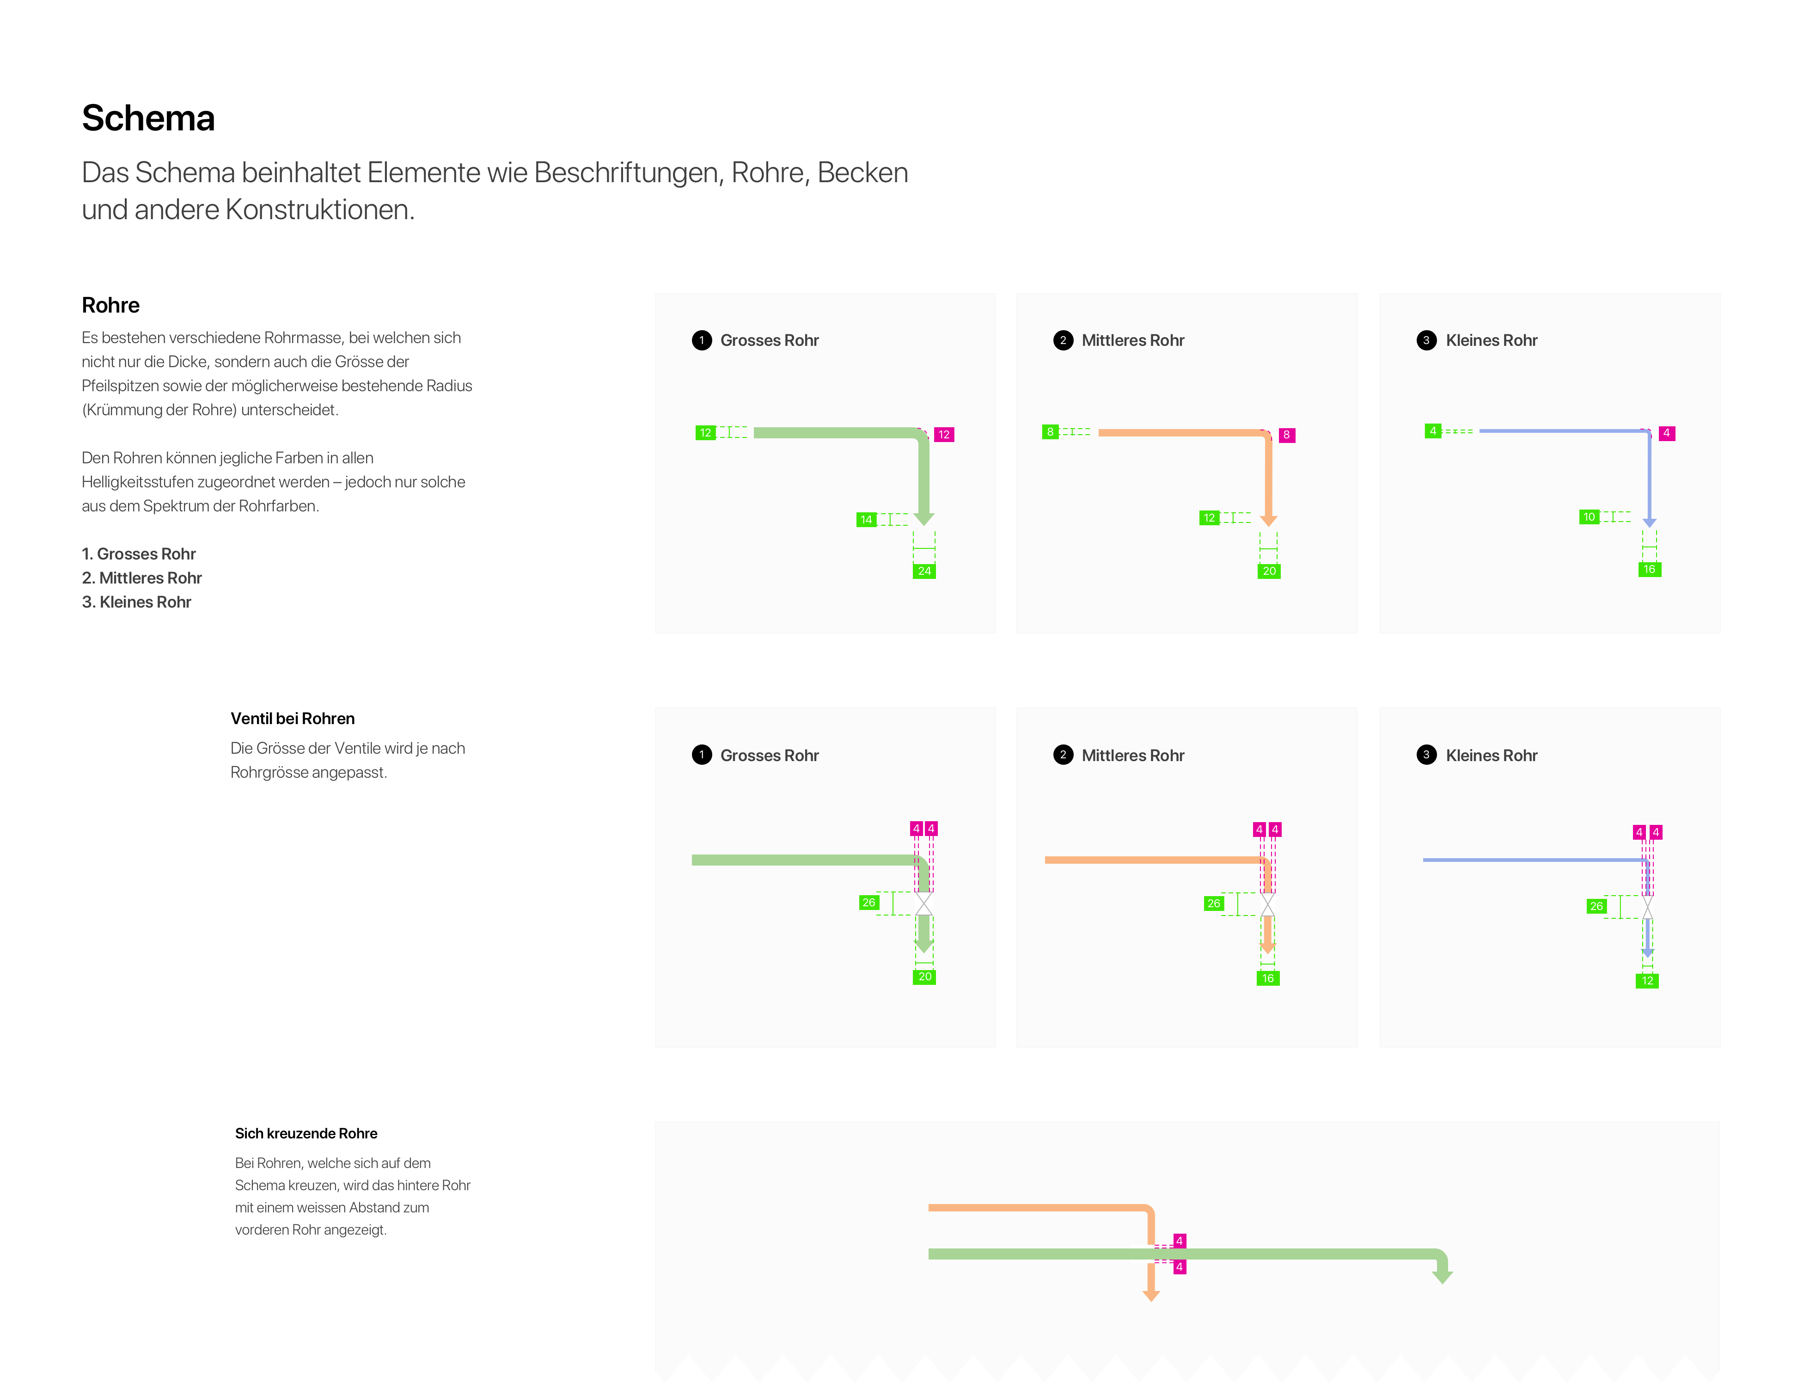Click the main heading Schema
point(148,118)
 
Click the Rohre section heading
point(110,306)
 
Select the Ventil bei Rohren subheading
point(292,719)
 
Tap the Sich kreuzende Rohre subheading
point(306,1134)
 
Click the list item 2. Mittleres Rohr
point(141,578)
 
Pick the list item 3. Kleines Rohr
point(137,602)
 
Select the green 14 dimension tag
point(866,519)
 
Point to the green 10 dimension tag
point(1589,517)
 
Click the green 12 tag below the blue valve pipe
point(1647,980)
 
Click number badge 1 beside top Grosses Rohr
point(702,340)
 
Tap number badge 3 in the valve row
point(1426,755)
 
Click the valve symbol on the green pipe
point(924,903)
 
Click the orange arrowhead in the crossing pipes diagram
point(1151,1296)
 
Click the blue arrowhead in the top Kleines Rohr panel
point(1649,523)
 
